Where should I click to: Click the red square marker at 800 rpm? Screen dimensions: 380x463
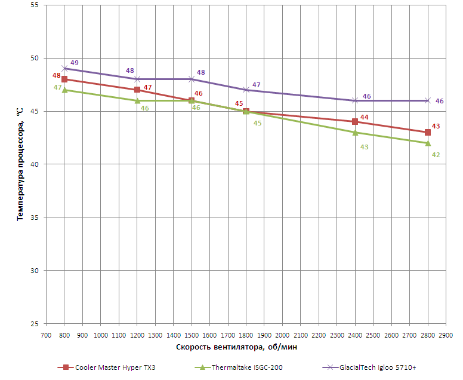(x=64, y=79)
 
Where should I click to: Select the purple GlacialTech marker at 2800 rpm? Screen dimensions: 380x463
(x=428, y=100)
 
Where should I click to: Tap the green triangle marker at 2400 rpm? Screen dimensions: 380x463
(x=355, y=133)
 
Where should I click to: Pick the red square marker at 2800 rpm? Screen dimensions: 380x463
(x=428, y=133)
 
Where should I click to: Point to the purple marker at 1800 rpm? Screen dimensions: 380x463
(x=246, y=90)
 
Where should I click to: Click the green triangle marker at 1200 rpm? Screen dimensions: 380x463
(x=137, y=100)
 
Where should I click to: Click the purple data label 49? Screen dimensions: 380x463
(x=75, y=63)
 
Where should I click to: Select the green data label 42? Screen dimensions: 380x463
(x=436, y=155)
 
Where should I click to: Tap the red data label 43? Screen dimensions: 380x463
(x=436, y=126)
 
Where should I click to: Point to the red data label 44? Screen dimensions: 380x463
(x=365, y=117)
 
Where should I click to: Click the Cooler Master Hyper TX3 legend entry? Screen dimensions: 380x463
(x=110, y=367)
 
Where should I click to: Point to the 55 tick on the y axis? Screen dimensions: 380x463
(x=33, y=5)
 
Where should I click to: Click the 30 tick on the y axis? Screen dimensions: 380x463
(x=33, y=271)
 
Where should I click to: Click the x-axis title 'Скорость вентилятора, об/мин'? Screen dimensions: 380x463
(x=237, y=347)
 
